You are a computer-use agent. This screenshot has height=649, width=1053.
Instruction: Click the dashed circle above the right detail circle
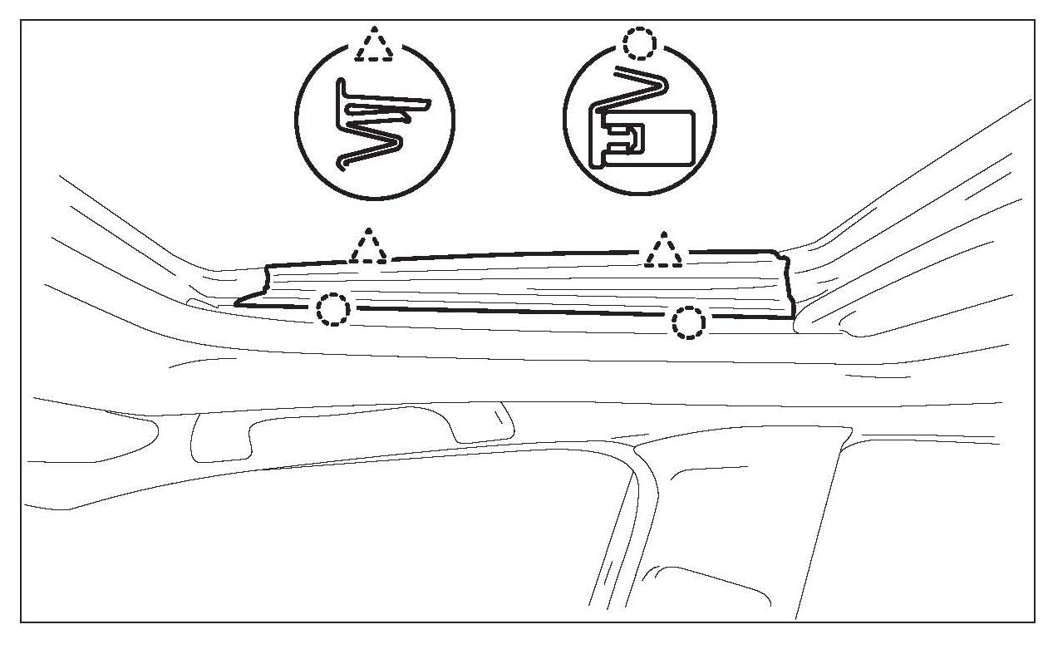pyautogui.click(x=640, y=42)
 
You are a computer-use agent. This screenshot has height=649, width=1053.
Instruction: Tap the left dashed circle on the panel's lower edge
pyautogui.click(x=333, y=309)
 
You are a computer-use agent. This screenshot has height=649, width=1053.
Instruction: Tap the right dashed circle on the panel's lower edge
pyautogui.click(x=688, y=322)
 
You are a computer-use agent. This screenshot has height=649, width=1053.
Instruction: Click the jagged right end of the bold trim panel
pyautogui.click(x=786, y=287)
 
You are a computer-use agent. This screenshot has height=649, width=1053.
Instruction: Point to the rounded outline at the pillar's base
pyautogui.click(x=706, y=586)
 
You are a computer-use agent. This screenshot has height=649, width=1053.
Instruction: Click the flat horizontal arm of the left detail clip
pyautogui.click(x=391, y=104)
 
